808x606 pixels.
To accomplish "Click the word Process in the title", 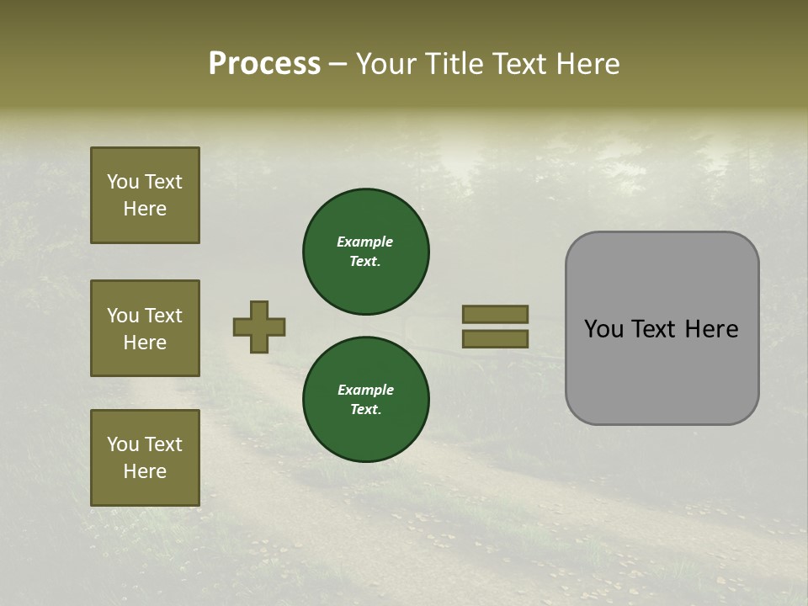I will tap(264, 64).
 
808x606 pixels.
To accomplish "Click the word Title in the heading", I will tap(456, 64).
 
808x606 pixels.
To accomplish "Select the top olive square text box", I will tap(145, 195).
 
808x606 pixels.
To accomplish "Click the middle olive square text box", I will tap(145, 328).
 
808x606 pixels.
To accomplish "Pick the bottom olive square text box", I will tap(145, 458).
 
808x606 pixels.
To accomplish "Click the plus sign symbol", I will tap(259, 327).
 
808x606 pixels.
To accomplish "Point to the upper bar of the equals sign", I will tap(495, 314).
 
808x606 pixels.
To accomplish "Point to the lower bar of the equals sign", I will tap(495, 339).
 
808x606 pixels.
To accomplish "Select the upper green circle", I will tap(366, 252).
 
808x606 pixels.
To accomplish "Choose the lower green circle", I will tap(366, 400).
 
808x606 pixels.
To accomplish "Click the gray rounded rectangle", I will tap(662, 370).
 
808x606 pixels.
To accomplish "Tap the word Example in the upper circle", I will tap(365, 242).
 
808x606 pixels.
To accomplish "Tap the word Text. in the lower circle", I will tap(366, 409).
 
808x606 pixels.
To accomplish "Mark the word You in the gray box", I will tap(604, 329).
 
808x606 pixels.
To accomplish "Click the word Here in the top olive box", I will tap(145, 209).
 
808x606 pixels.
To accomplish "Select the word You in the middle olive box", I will tap(123, 316).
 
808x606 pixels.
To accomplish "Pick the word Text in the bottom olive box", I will tap(163, 444).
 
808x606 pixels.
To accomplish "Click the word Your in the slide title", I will tap(386, 64).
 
